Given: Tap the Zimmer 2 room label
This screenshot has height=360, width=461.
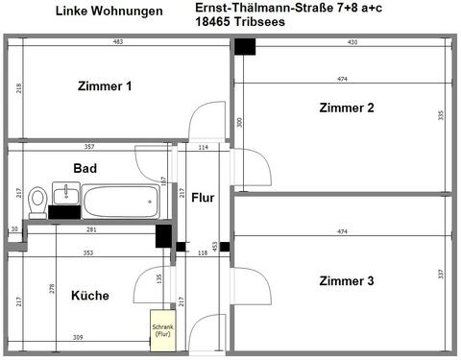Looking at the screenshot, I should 347,108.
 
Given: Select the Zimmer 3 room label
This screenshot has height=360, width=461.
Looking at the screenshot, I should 347,281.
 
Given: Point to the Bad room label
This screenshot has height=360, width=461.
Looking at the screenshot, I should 85,168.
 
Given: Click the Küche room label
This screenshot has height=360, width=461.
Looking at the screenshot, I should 90,296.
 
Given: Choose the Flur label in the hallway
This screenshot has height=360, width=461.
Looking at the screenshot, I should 203,198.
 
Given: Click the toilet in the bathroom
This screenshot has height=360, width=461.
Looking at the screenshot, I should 37,201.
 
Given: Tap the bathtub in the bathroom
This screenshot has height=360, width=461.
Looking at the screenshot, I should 119,201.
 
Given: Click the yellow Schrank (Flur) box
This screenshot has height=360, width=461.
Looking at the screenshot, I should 161,329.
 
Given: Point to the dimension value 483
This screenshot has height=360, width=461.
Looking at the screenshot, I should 118,42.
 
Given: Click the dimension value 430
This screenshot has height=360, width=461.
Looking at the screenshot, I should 352,42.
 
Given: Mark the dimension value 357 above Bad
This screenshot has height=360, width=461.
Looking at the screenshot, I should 88,147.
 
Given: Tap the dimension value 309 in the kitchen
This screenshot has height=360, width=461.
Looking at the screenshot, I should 78,336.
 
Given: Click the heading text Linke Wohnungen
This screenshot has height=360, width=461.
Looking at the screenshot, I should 109,12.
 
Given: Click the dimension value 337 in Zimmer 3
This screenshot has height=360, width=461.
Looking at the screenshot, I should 440,274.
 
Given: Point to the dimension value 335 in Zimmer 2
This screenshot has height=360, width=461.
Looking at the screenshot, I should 440,115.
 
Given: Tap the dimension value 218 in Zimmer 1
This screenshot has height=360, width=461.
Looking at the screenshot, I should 18,88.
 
